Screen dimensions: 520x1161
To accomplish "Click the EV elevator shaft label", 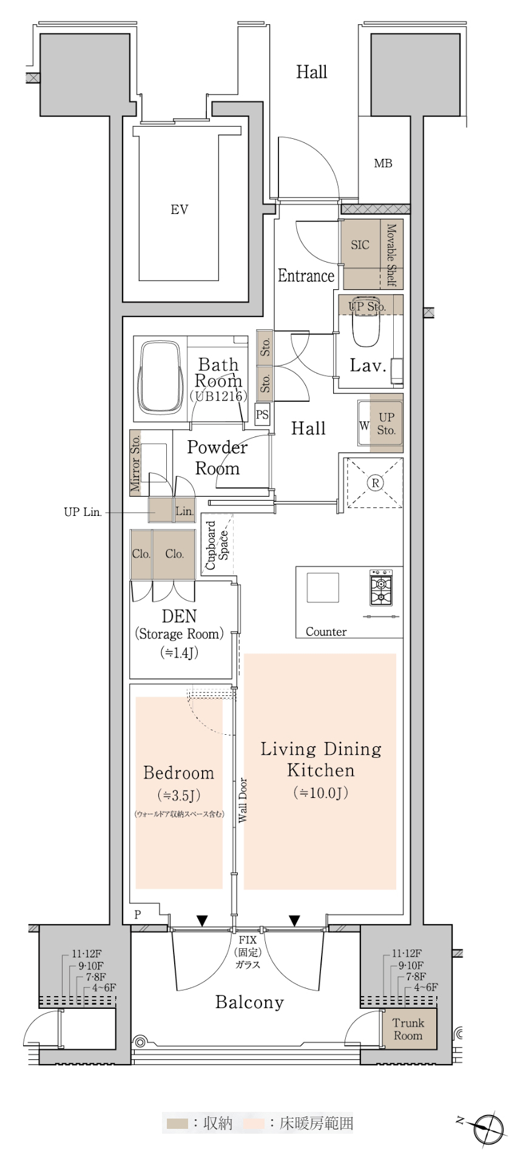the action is pyautogui.click(x=179, y=210).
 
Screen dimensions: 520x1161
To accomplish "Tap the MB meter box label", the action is pyautogui.click(x=383, y=163).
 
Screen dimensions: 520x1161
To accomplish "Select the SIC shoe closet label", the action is pyautogui.click(x=360, y=245).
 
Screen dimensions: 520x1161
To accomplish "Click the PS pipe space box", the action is pyautogui.click(x=262, y=415).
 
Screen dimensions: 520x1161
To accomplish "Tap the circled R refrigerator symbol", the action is pyautogui.click(x=376, y=483).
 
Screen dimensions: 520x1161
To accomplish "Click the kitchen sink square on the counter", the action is pyautogui.click(x=322, y=587).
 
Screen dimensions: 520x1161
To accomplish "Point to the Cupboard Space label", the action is pyautogui.click(x=217, y=545).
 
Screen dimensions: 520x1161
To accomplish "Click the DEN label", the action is pyautogui.click(x=179, y=616).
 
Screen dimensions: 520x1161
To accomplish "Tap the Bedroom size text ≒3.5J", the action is pyautogui.click(x=178, y=795).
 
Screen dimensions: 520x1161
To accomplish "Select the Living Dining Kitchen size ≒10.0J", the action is pyautogui.click(x=321, y=792).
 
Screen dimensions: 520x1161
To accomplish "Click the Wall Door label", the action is pyautogui.click(x=242, y=800).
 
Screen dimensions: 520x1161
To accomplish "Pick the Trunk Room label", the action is pyautogui.click(x=408, y=1029).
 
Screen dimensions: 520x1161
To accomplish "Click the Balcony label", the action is pyautogui.click(x=249, y=1002).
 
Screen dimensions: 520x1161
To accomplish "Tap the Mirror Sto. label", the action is pyautogui.click(x=135, y=463).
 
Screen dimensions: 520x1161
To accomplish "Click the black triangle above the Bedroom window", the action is pyautogui.click(x=202, y=921).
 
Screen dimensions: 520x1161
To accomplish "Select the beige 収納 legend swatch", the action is pyautogui.click(x=177, y=1123).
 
